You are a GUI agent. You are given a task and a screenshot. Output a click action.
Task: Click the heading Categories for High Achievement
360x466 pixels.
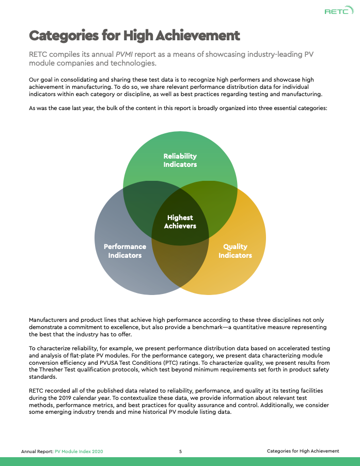(x=134, y=35)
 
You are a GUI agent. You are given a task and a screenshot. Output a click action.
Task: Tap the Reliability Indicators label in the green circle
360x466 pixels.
(x=180, y=160)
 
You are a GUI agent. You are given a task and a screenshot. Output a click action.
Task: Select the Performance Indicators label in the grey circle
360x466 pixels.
(x=125, y=251)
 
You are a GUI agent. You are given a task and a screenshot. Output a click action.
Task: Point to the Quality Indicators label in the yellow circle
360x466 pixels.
(x=235, y=251)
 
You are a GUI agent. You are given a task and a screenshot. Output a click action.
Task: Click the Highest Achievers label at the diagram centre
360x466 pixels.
(x=180, y=222)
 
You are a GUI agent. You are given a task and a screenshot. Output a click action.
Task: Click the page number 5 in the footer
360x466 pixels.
(x=180, y=451)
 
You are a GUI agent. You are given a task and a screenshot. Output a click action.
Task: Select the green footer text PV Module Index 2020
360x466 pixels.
(x=79, y=451)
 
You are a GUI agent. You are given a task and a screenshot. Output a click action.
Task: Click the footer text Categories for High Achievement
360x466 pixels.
(x=303, y=451)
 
